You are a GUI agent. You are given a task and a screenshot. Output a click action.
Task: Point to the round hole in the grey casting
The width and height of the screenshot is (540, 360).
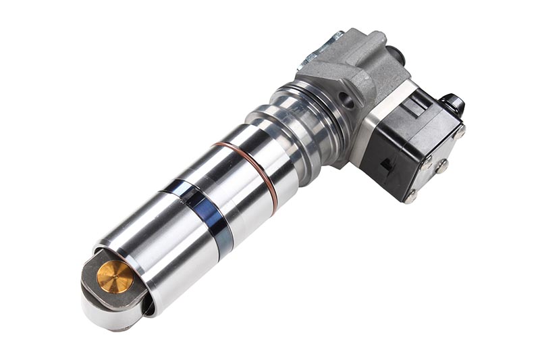(x=347, y=101)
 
